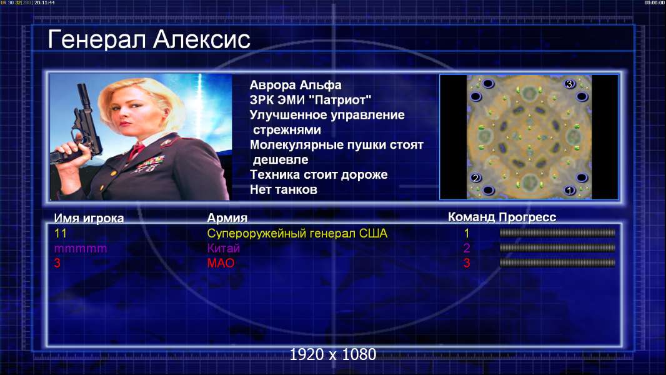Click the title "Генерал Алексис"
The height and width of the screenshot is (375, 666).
(149, 39)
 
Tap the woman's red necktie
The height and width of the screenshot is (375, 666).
(136, 151)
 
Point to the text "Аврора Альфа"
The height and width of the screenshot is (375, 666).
(295, 85)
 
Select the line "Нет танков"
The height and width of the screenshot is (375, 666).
(283, 189)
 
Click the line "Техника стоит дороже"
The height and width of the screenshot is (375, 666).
(319, 174)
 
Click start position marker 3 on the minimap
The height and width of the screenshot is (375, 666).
(569, 84)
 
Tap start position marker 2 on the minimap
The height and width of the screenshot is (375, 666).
(475, 177)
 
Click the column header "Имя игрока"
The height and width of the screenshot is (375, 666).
(89, 218)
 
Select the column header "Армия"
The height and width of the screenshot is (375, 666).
(227, 218)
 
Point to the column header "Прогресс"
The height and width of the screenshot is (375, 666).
(527, 217)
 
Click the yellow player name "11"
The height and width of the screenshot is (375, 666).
(61, 233)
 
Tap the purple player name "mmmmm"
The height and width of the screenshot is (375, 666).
(80, 249)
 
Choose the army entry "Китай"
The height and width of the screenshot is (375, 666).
(224, 248)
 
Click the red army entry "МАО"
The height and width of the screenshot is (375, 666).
(221, 263)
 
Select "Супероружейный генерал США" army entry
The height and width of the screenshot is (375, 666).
(297, 233)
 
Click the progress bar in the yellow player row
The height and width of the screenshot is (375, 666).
(557, 232)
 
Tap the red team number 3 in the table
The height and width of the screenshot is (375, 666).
(467, 263)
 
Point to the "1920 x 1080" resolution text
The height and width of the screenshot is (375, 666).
(332, 354)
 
